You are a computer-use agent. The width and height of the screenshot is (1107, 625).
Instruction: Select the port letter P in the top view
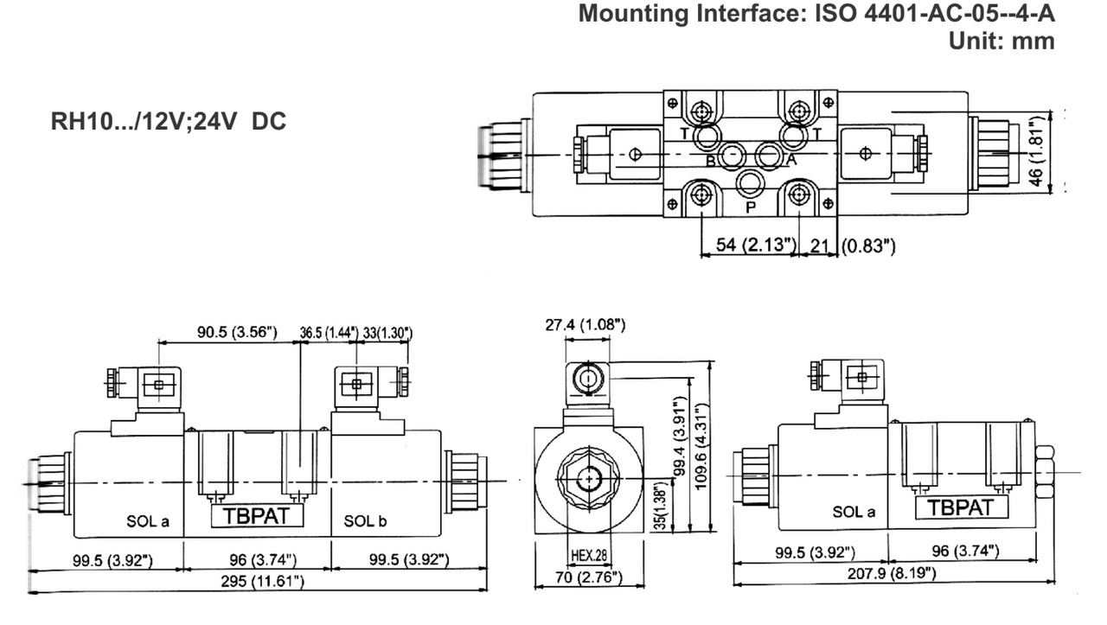[750, 207]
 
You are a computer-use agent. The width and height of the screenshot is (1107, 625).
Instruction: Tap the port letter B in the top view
[709, 161]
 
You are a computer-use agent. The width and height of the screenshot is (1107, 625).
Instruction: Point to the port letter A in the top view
[790, 160]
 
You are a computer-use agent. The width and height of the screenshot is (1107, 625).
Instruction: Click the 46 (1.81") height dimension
[1038, 153]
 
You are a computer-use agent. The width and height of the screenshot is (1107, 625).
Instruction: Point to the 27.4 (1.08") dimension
[585, 326]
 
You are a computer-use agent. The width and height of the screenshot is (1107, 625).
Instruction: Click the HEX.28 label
[589, 555]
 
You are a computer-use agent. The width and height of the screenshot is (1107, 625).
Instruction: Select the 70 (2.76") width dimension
[589, 577]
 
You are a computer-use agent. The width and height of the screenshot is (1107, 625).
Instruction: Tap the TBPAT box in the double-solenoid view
[258, 515]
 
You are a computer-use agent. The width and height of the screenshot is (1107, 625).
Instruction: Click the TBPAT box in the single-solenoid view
[962, 507]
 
